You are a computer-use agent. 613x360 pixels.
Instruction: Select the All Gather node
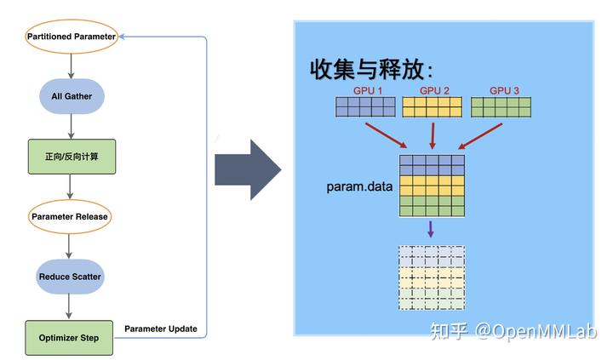pyautogui.click(x=72, y=96)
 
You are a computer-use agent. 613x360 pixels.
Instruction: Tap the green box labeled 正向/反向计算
pyautogui.click(x=72, y=157)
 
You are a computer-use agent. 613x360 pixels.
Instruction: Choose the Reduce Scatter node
pyautogui.click(x=70, y=277)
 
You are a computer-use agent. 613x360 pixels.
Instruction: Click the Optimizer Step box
pyautogui.click(x=69, y=338)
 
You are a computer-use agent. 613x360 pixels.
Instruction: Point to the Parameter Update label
pyautogui.click(x=161, y=329)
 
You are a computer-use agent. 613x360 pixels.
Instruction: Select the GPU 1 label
pyautogui.click(x=368, y=91)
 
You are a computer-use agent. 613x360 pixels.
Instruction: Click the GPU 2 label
pyautogui.click(x=434, y=91)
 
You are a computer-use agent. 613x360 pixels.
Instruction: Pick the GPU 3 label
pyautogui.click(x=504, y=91)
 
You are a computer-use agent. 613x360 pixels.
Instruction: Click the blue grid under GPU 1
pyautogui.click(x=365, y=107)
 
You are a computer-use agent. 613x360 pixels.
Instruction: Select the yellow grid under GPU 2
pyautogui.click(x=432, y=107)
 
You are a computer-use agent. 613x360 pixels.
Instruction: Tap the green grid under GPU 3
pyautogui.click(x=501, y=107)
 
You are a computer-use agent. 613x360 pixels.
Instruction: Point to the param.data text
pyautogui.click(x=359, y=186)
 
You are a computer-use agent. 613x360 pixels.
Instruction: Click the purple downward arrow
pyautogui.click(x=431, y=230)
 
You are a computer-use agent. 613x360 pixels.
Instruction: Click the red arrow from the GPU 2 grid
pyautogui.click(x=433, y=136)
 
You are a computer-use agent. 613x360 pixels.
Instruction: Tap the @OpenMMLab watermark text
pyautogui.click(x=536, y=331)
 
